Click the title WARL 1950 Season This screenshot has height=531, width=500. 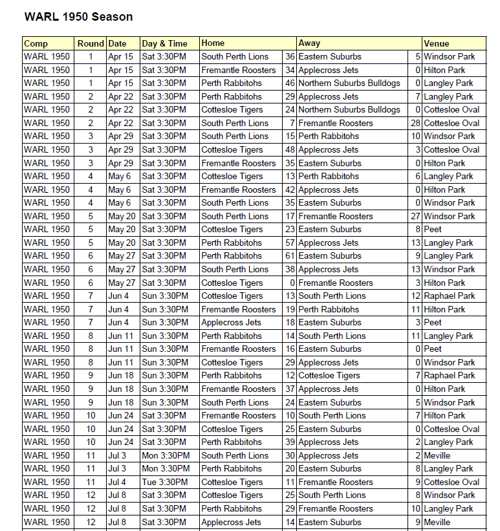point(78,17)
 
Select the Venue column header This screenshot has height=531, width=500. point(437,43)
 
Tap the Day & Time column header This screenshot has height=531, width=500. point(165,43)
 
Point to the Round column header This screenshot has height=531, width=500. point(91,43)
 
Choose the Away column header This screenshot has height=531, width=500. point(309,43)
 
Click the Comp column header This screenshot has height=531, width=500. point(36,43)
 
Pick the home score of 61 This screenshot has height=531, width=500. point(290,256)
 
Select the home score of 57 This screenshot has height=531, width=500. point(290,243)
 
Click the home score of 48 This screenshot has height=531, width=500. point(290,149)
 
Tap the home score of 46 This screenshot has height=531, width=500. point(290,83)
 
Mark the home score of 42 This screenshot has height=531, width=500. point(290,190)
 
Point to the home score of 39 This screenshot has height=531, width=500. point(290,442)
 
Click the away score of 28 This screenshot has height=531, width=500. point(415,123)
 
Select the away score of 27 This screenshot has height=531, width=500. point(415,216)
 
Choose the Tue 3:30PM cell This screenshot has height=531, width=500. point(165,482)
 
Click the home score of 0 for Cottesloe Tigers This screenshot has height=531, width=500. point(292,283)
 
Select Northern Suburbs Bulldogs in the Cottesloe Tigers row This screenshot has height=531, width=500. point(349,110)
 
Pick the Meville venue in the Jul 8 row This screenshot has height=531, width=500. point(437,522)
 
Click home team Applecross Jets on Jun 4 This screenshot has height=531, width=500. point(232,322)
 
